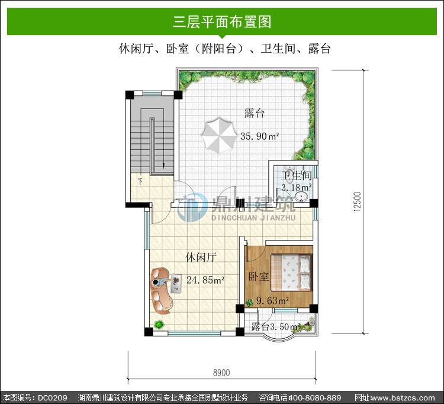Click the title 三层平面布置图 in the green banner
222,22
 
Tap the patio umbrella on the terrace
219,136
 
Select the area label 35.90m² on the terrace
259,136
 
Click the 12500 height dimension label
358,201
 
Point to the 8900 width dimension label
221,373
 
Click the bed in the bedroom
291,272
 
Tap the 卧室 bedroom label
259,277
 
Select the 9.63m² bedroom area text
272,300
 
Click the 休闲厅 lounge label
201,257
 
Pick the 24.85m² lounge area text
205,280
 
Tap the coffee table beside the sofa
176,283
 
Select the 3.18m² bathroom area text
297,187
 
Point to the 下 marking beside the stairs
140,181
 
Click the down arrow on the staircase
163,165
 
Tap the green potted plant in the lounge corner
159,325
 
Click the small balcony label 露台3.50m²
276,326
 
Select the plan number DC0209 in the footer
52,397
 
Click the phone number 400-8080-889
314,397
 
